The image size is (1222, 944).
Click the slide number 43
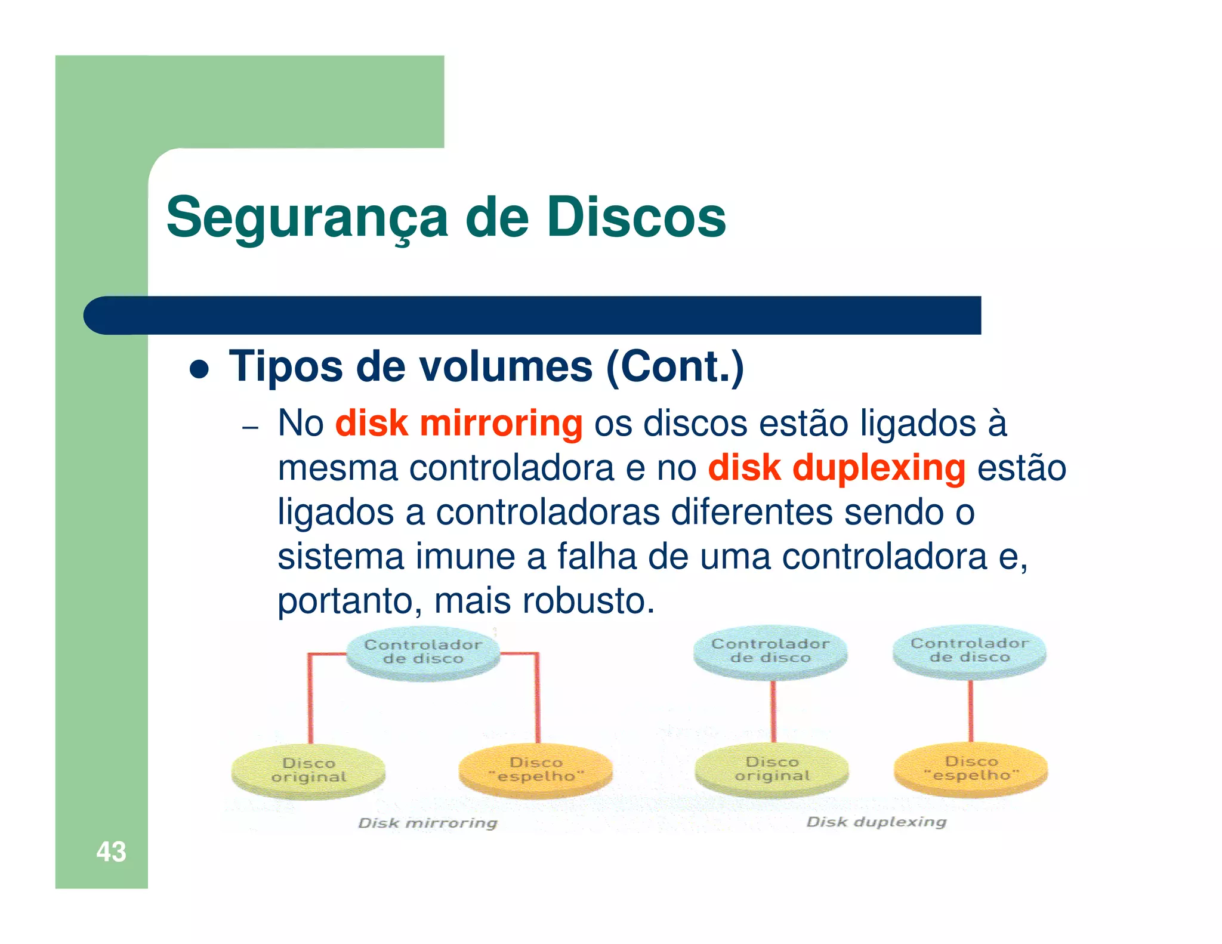point(111,852)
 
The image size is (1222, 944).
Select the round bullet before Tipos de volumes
point(199,369)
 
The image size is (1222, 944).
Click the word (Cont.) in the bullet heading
point(675,366)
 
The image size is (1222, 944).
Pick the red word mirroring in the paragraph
point(501,423)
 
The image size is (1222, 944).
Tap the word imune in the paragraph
point(465,556)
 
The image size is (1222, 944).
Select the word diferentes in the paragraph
point(752,512)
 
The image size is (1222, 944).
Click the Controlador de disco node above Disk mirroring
point(423,652)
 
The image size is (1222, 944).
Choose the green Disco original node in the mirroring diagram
point(308,770)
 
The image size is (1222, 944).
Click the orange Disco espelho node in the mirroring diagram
point(536,769)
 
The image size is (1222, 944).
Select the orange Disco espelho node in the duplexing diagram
point(971,769)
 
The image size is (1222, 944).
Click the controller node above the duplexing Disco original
point(770,651)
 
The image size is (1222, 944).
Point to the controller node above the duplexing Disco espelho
point(969,650)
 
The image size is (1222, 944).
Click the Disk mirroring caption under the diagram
point(427,823)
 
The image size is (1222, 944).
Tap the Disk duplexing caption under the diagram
point(876,822)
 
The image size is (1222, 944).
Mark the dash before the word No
point(251,428)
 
